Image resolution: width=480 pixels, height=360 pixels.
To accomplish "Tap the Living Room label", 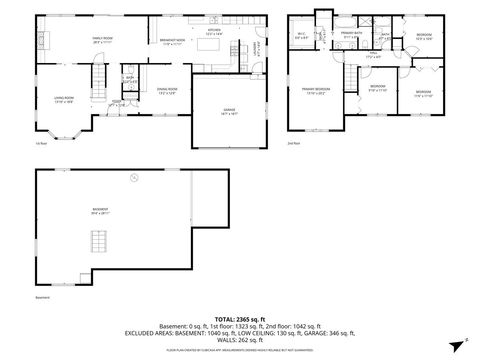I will [64, 99].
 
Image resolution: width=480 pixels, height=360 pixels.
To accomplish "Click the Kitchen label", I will [213, 31].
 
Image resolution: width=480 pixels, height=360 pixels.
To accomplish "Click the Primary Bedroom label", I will [316, 90].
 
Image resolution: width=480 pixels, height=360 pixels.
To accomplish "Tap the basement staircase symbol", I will [97, 243].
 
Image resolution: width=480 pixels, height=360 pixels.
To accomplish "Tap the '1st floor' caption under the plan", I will [42, 145].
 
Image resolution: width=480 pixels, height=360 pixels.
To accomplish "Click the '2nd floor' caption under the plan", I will [294, 143].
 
